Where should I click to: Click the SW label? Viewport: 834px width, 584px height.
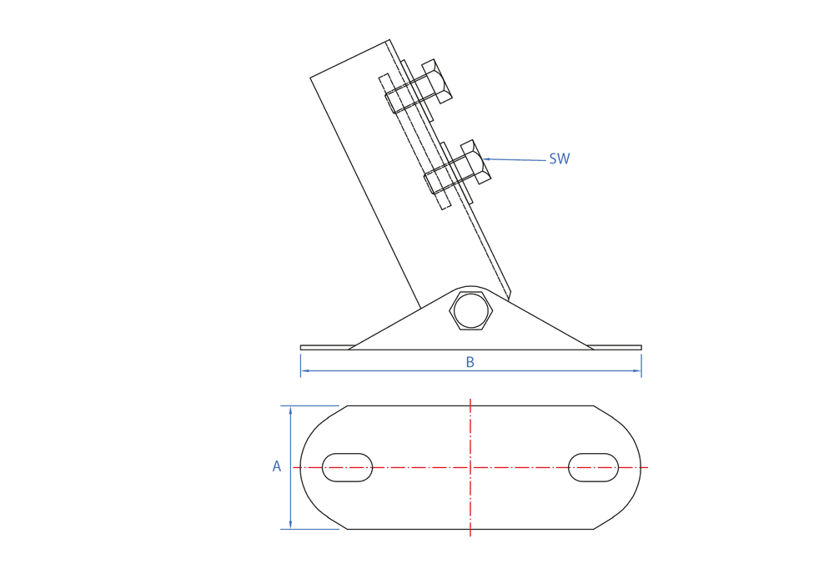pos(559,159)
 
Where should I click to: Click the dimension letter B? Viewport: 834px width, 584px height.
pos(470,362)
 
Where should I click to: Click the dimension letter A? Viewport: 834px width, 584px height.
pos(277,466)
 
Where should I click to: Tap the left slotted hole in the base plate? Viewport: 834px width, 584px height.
pos(347,467)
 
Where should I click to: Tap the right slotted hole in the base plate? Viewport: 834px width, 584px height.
pos(593,467)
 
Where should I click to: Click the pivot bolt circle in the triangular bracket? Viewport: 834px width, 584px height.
pos(470,310)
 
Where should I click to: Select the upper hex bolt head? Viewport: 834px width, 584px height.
pos(437,82)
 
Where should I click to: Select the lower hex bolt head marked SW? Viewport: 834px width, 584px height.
pos(475,162)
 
